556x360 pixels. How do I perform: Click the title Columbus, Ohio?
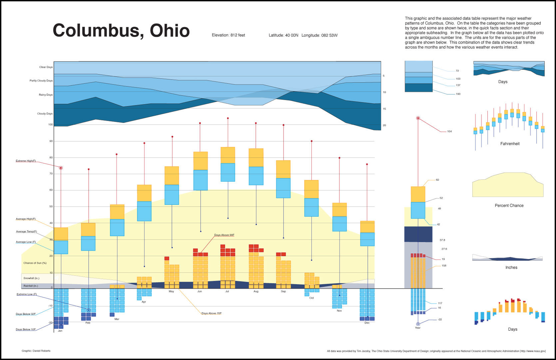click(x=121, y=31)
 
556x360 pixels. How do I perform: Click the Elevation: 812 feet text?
click(x=228, y=35)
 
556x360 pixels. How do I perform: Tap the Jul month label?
click(x=227, y=291)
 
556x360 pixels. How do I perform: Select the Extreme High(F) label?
click(x=26, y=161)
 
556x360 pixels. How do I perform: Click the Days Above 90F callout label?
click(x=224, y=235)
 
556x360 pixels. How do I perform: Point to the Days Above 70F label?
click(x=211, y=313)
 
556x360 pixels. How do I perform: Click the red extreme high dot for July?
click(x=228, y=118)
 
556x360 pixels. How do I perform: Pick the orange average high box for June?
click(x=201, y=161)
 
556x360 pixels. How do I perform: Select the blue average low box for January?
click(x=61, y=247)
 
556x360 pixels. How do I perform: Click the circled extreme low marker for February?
click(x=89, y=310)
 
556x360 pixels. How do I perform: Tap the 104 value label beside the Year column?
click(x=449, y=131)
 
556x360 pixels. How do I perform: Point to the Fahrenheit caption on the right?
click(x=510, y=144)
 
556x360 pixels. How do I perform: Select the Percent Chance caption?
click(x=509, y=206)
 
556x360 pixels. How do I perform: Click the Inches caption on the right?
click(x=511, y=268)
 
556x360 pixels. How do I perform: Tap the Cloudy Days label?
click(x=45, y=114)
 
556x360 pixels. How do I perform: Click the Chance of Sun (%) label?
click(x=35, y=263)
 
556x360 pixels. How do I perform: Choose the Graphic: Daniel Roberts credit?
click(x=36, y=351)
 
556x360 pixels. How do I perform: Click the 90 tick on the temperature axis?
click(x=51, y=141)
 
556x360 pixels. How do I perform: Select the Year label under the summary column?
click(x=418, y=328)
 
